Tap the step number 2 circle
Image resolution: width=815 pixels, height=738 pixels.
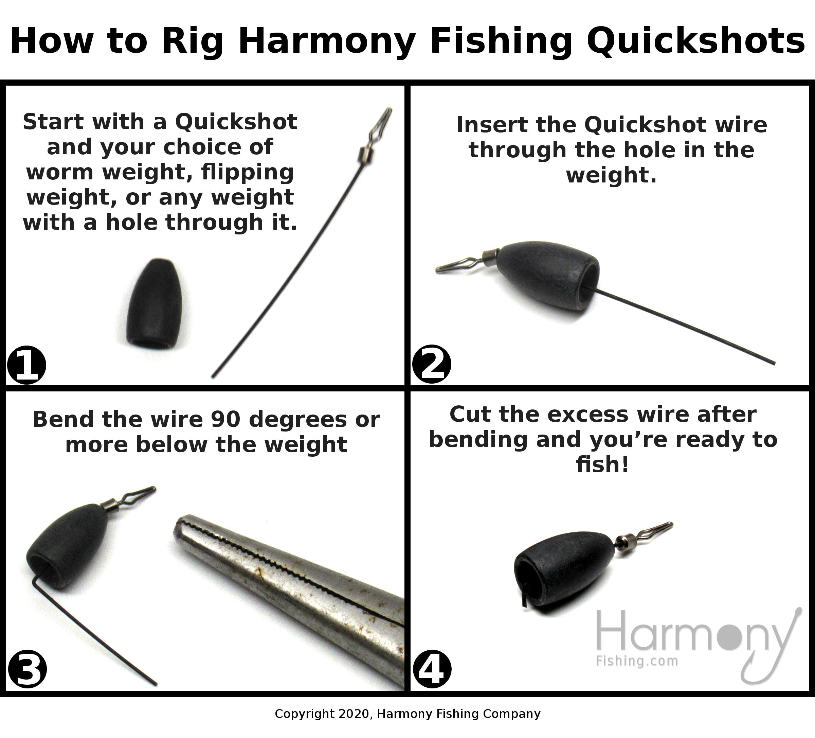tap(431, 364)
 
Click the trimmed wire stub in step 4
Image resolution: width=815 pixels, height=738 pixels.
tap(524, 600)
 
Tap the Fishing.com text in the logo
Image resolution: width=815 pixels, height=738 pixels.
tap(637, 661)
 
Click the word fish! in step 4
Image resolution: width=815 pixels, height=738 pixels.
tap(603, 464)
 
